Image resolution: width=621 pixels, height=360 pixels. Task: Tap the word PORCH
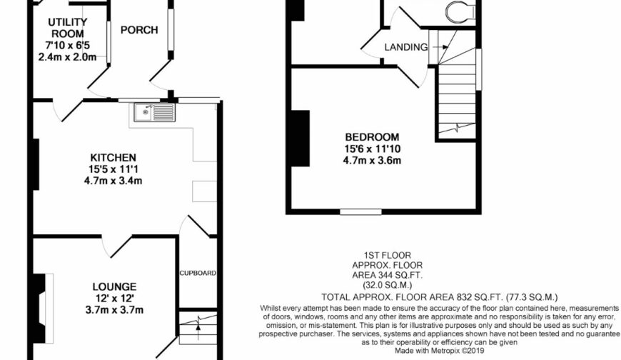click(138, 30)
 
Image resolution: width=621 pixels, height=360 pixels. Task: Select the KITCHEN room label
click(113, 157)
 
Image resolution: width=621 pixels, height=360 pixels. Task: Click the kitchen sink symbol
click(153, 112)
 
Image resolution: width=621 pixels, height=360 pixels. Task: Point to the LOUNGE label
click(113, 286)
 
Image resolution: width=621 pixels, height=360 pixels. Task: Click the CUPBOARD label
click(197, 273)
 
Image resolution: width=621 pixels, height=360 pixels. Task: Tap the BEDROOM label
click(372, 137)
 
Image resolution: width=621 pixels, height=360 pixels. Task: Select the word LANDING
click(405, 47)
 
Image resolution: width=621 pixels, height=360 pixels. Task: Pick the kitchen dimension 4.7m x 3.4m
click(113, 181)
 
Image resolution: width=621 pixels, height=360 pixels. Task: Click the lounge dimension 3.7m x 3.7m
click(113, 309)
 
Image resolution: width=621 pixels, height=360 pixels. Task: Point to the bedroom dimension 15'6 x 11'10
click(372, 149)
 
